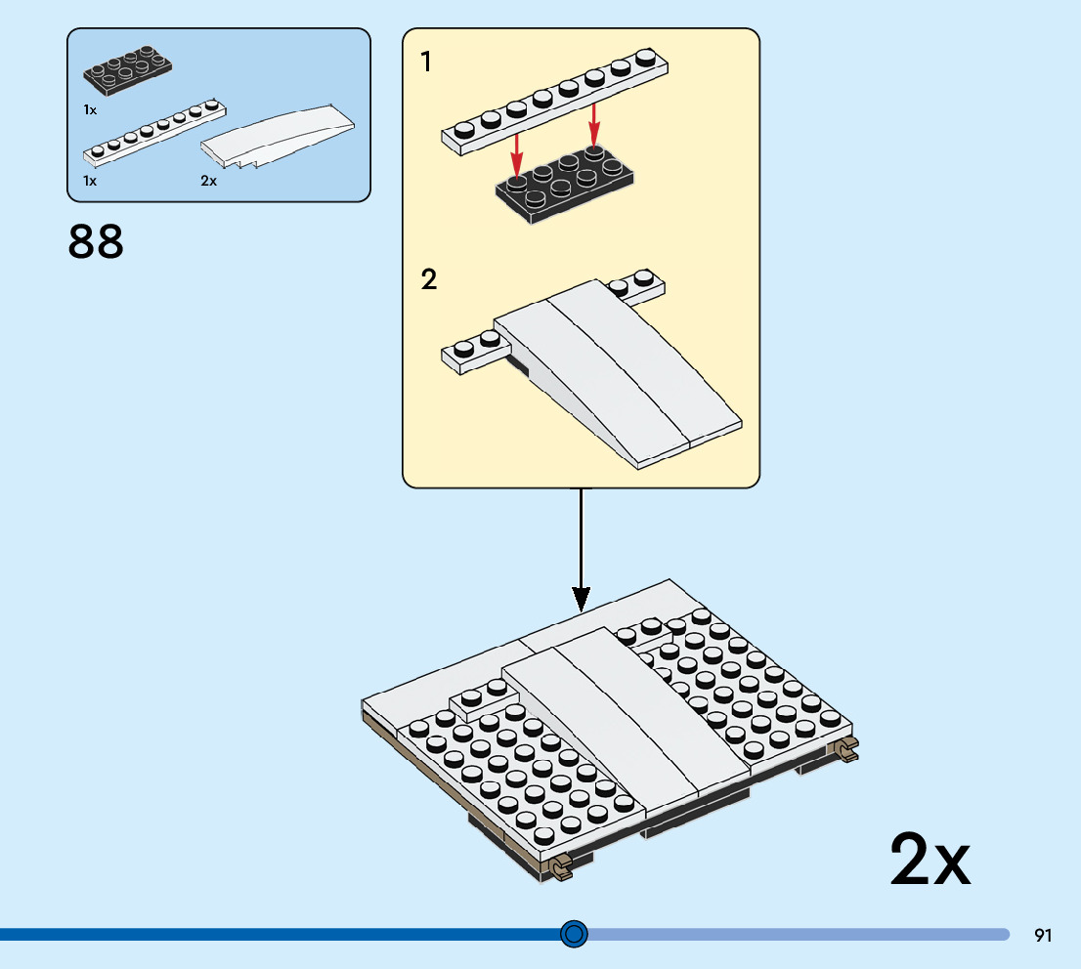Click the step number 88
[96, 242]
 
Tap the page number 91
[1043, 936]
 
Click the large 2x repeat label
[930, 859]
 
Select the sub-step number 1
[426, 63]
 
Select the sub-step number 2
[429, 280]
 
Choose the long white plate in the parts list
[154, 131]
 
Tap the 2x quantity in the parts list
[208, 181]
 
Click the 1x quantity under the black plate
[90, 110]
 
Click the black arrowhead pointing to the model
[582, 598]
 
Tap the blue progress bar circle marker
[575, 935]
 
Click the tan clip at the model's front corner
[561, 867]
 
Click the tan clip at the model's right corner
[844, 749]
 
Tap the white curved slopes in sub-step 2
[616, 371]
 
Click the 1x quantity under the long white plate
[90, 181]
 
